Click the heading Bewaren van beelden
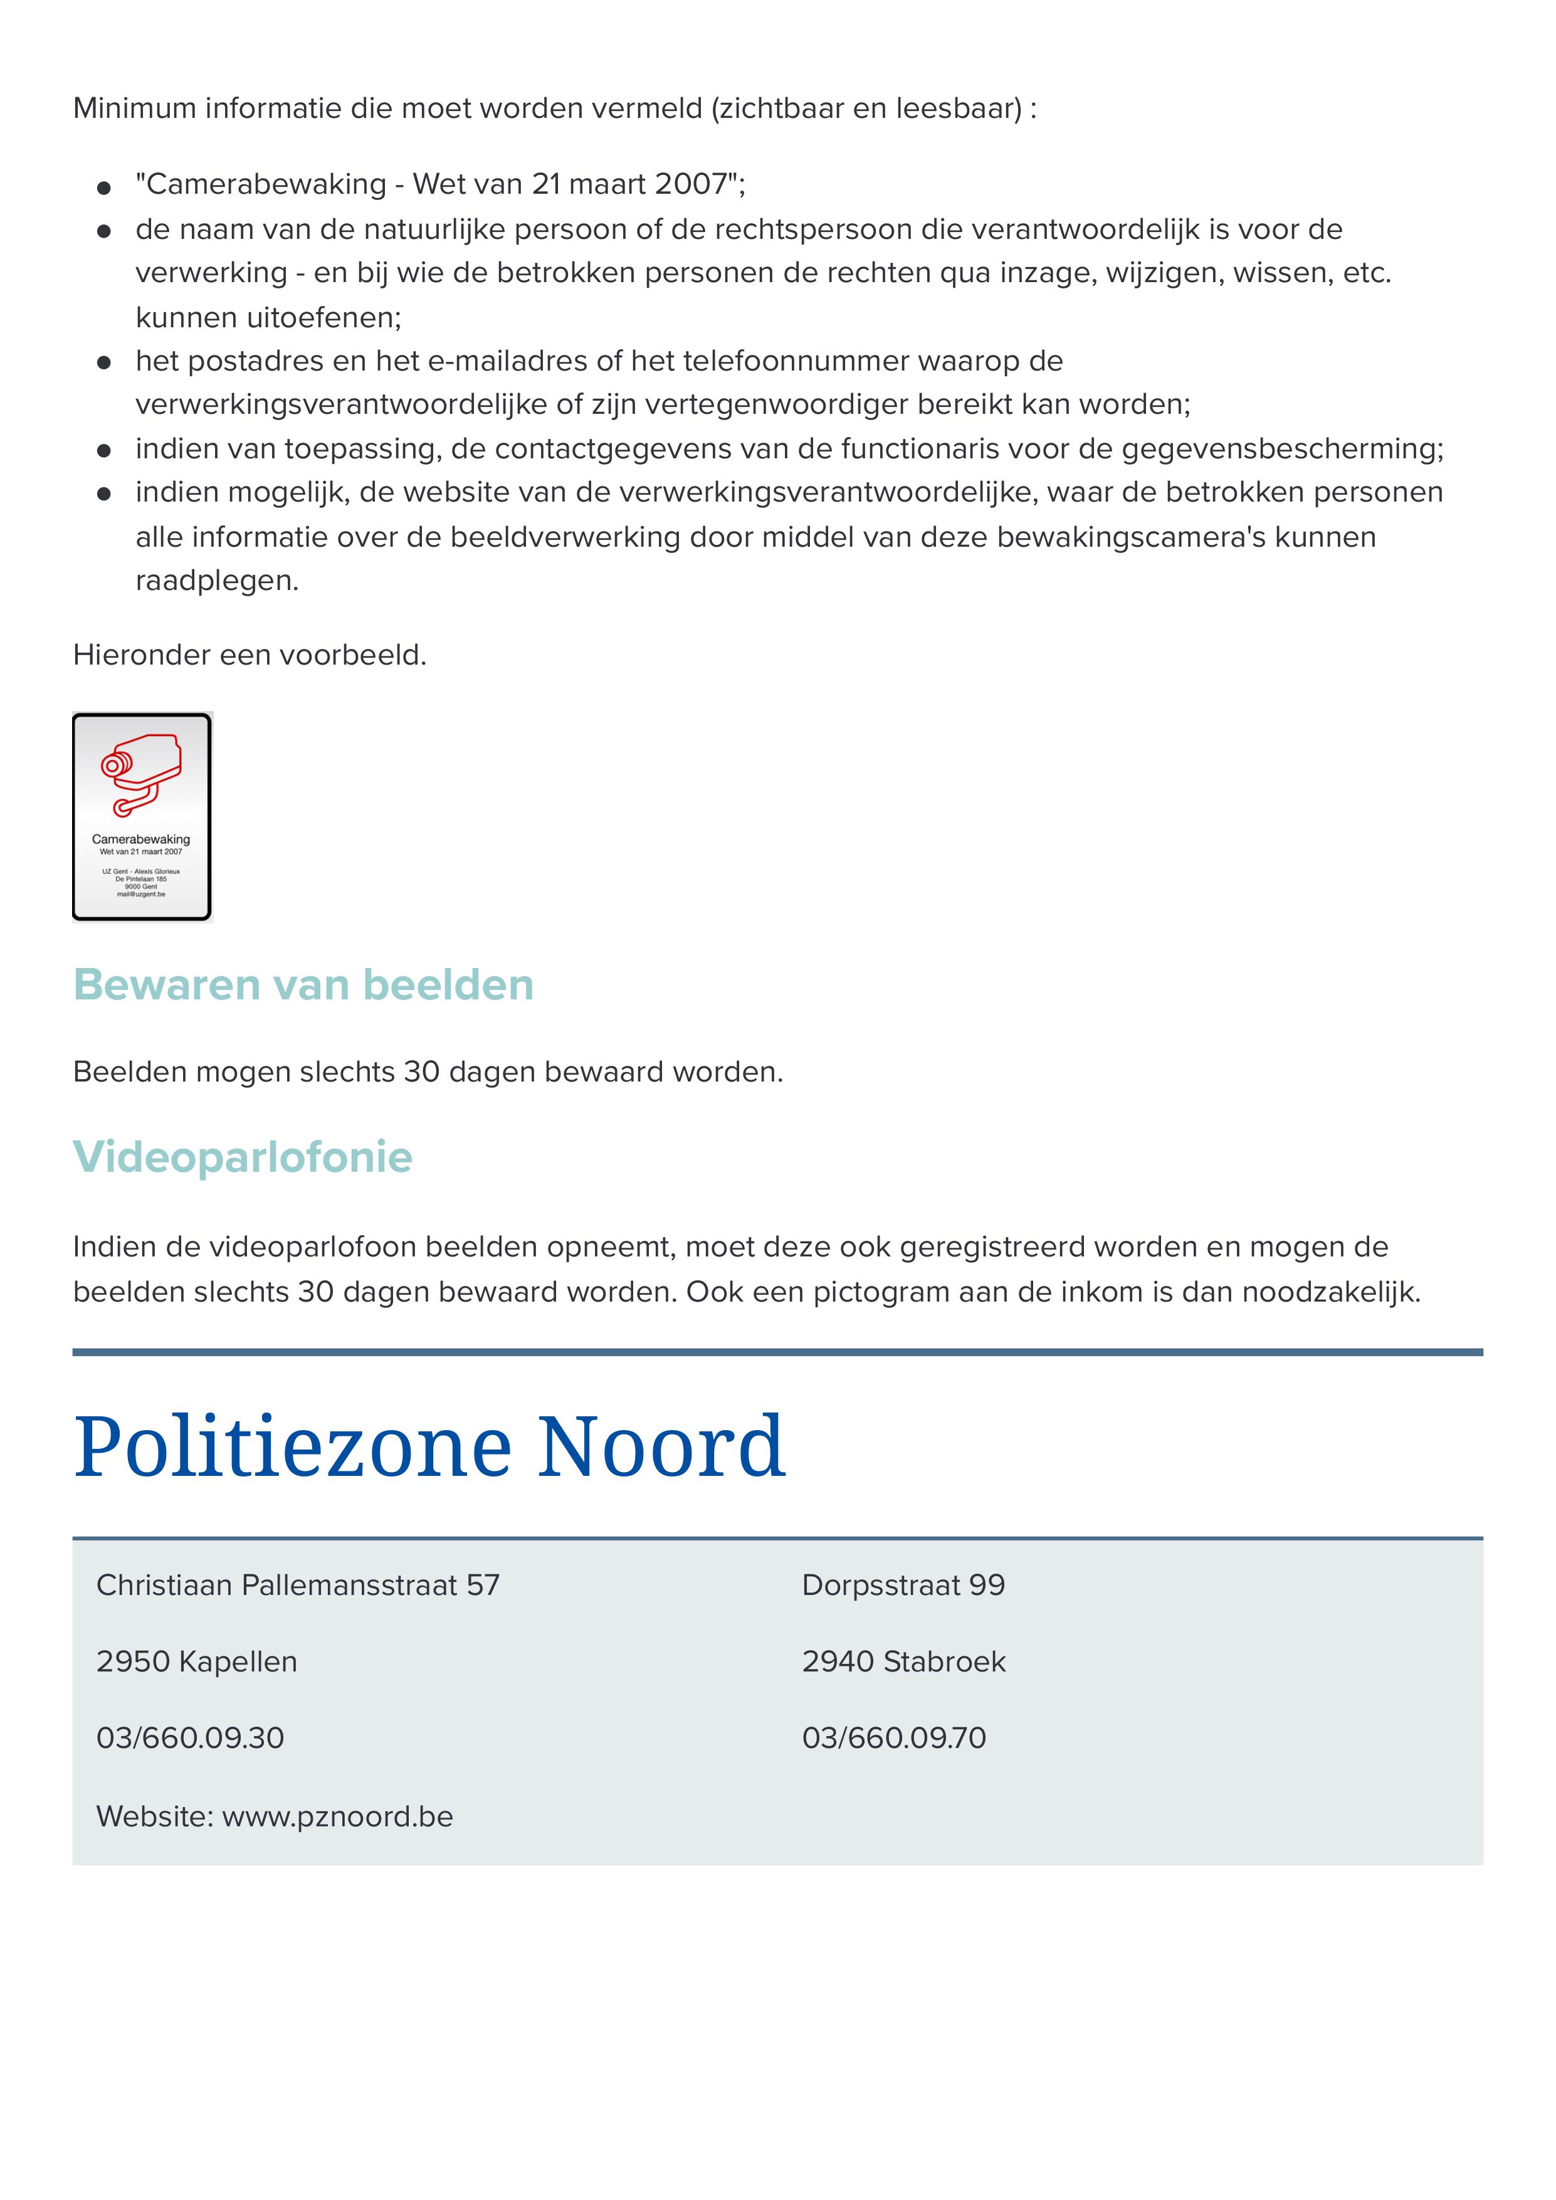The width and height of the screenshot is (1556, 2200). click(303, 985)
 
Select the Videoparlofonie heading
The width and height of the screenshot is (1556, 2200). click(243, 1157)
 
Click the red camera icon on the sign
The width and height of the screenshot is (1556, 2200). click(142, 774)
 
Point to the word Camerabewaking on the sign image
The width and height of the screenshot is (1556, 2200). click(141, 839)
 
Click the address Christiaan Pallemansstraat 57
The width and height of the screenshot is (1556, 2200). click(298, 1586)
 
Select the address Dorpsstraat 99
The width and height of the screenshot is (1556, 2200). click(903, 1586)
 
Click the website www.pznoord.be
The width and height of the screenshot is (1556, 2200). click(337, 1817)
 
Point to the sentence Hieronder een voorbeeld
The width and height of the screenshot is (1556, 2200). click(249, 655)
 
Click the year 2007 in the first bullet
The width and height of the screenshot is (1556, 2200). click(691, 184)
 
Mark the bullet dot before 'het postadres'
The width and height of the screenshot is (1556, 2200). click(105, 362)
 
